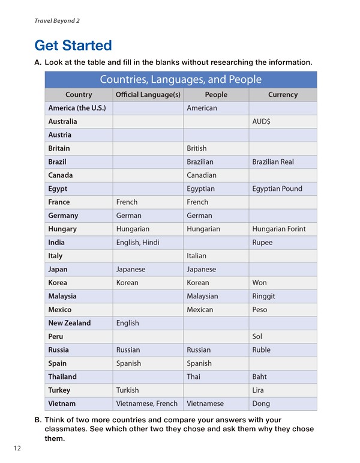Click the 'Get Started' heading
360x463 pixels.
tap(73, 45)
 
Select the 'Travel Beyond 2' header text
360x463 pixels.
tap(57, 21)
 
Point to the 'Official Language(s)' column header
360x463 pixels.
tap(148, 95)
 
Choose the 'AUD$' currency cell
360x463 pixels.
tap(262, 121)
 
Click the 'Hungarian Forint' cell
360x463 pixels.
tap(279, 229)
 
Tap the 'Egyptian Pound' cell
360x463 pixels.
tap(277, 189)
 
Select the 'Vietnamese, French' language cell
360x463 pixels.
tap(147, 404)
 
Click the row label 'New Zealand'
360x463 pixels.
tap(70, 323)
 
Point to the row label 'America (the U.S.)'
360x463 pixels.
tap(77, 108)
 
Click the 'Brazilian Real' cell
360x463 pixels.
tap(273, 162)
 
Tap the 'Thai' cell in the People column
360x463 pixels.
tap(194, 377)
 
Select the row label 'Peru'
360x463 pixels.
tap(56, 336)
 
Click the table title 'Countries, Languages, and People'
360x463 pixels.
tap(181, 79)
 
